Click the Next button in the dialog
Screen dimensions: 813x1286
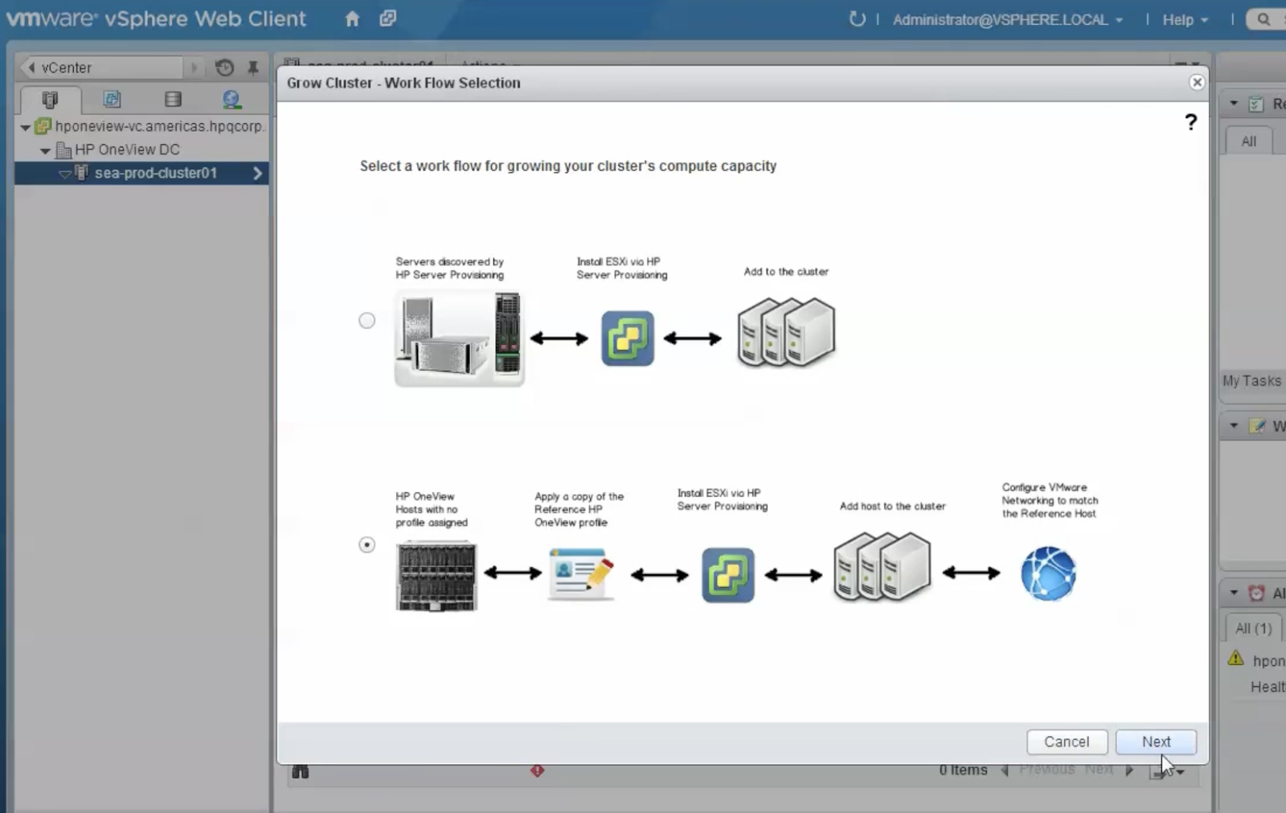pos(1155,741)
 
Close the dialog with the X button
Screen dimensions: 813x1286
pos(1197,82)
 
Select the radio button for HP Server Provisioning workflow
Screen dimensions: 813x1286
pos(367,321)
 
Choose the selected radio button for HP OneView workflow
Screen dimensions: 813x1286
pos(367,544)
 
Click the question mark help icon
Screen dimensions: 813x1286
pos(1190,122)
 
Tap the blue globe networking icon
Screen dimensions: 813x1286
pos(1048,573)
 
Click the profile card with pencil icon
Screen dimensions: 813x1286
pos(581,573)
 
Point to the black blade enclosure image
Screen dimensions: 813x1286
pos(436,577)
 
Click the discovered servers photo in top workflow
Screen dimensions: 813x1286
pos(459,338)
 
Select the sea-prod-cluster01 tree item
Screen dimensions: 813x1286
pos(155,173)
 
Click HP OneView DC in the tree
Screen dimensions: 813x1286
pos(127,150)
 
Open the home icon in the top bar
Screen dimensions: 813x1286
pos(352,19)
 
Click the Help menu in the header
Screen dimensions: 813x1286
pos(1184,20)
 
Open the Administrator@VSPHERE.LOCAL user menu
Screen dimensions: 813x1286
pos(1007,20)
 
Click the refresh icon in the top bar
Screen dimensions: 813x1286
pos(857,19)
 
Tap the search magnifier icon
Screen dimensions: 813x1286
pos(1263,19)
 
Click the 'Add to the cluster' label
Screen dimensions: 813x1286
pos(785,272)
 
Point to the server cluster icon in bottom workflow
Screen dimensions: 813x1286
pos(882,567)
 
